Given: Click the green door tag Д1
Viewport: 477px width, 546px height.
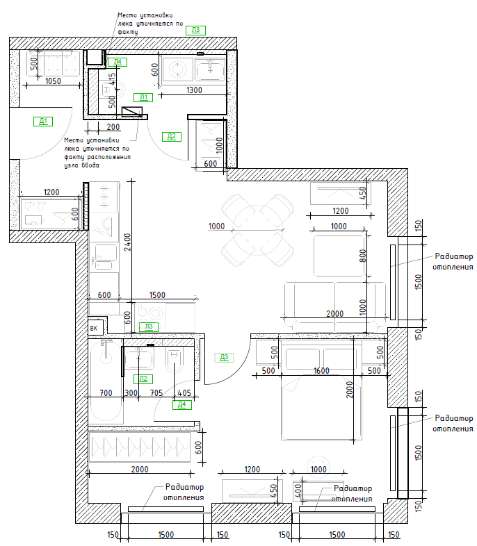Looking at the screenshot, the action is tap(43, 122).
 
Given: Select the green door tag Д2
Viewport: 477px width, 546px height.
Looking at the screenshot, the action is tap(172, 136).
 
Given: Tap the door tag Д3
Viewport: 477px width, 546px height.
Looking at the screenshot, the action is tap(224, 357).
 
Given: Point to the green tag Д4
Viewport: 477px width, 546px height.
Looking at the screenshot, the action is tap(182, 404).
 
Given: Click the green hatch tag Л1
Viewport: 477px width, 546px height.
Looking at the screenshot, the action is tap(143, 97).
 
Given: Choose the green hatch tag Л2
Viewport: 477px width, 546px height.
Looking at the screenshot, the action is tap(143, 379).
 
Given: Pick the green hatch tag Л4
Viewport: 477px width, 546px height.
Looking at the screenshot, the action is tap(118, 63).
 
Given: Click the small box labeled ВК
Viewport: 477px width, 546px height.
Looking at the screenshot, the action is tap(95, 328).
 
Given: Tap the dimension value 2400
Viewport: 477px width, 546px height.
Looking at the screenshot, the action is tap(127, 242).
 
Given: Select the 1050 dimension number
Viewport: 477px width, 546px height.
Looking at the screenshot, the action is tap(53, 81).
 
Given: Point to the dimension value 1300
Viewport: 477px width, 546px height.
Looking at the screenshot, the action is tap(194, 90).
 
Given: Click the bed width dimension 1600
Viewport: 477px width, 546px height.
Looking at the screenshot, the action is tap(321, 370).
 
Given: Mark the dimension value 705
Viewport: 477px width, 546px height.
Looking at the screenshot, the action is tap(156, 393).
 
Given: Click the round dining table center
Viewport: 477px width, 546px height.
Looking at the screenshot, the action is tap(257, 230).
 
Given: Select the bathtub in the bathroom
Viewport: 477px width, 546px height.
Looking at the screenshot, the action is tap(106, 381).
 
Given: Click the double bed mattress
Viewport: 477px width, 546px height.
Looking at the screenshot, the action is tap(321, 408).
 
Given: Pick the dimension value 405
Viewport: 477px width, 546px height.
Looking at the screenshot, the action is tap(184, 393).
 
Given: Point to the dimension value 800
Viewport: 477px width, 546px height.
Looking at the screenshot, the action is tap(363, 256).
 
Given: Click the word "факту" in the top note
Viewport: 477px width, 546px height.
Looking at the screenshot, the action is tap(128, 32).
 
